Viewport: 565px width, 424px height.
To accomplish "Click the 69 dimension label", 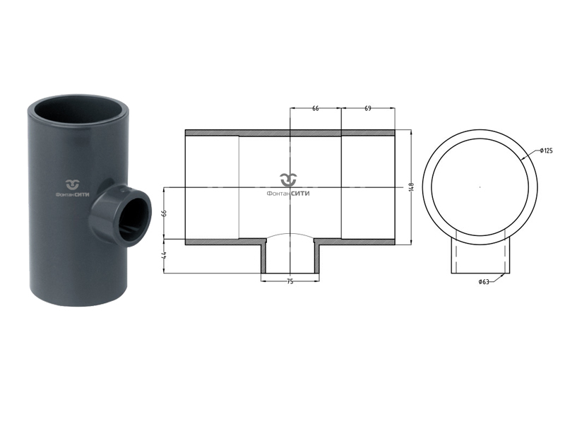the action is [x=367, y=108].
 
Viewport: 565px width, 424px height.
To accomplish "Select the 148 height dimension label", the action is [x=412, y=187].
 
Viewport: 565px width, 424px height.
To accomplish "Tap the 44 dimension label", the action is [x=165, y=255].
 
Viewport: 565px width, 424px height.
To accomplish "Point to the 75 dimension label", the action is [x=290, y=281].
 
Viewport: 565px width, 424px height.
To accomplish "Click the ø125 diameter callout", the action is [x=546, y=151].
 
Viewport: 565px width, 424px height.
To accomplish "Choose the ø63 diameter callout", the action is [x=484, y=281].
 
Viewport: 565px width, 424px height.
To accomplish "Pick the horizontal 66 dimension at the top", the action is [x=315, y=108].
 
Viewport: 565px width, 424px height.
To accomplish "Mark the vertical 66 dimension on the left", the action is [x=165, y=213].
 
